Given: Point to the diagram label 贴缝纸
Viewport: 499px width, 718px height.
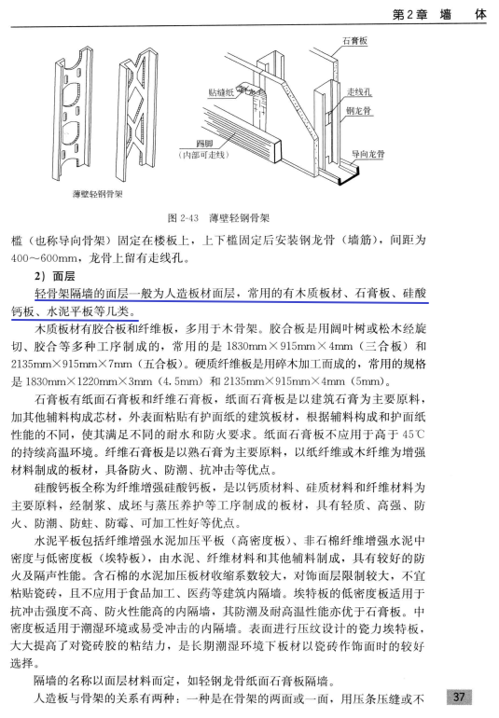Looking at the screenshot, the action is tap(220, 92).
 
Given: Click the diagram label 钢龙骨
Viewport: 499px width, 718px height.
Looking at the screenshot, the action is tap(358, 110).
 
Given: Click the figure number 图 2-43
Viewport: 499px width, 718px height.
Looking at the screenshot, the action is tap(184, 218).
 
